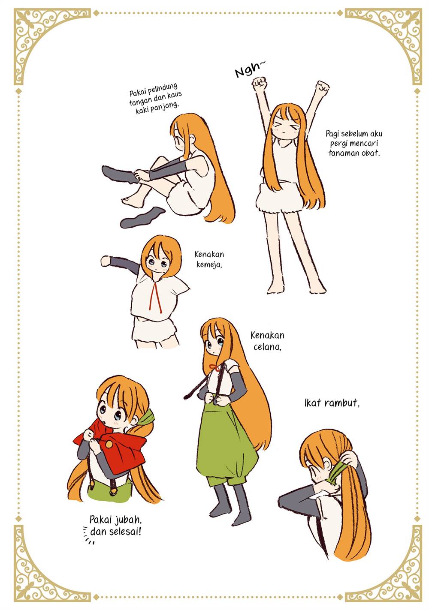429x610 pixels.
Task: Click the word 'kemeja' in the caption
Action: pyautogui.click(x=209, y=264)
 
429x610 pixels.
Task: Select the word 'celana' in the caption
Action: pyautogui.click(x=267, y=347)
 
